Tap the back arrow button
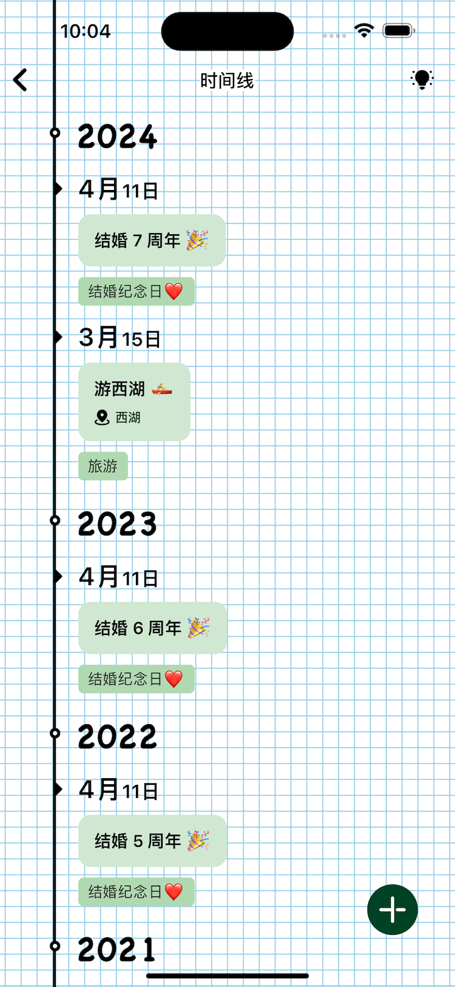[x=20, y=80]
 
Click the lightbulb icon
[x=422, y=80]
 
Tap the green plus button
[x=393, y=909]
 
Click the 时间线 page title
[x=227, y=81]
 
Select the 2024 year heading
[x=117, y=137]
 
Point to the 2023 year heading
[x=117, y=524]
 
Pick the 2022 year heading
[x=117, y=737]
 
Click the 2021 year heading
[x=116, y=949]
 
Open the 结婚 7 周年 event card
[x=152, y=240]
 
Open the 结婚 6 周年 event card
[x=152, y=628]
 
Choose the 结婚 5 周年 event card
[x=152, y=841]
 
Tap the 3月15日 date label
[x=120, y=337]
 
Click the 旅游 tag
[x=103, y=466]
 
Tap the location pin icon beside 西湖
[x=102, y=418]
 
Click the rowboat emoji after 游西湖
[x=162, y=389]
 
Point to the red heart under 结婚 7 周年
[x=174, y=292]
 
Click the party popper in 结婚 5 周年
[x=198, y=841]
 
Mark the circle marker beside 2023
[x=55, y=520]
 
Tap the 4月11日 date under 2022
[x=118, y=790]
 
